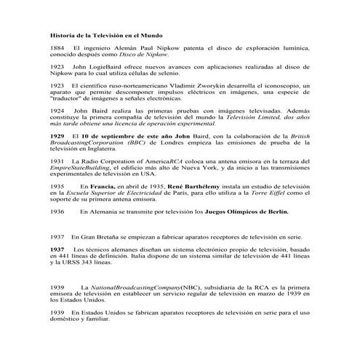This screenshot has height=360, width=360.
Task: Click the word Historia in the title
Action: (61, 35)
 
